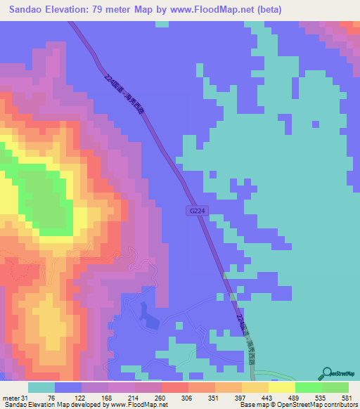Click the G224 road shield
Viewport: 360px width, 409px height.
point(196,210)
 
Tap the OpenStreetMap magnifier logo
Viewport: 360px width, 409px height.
point(327,373)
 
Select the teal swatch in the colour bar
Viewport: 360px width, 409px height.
point(41,388)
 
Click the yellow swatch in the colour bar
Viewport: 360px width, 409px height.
point(281,388)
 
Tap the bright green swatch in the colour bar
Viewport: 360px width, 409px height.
point(308,388)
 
